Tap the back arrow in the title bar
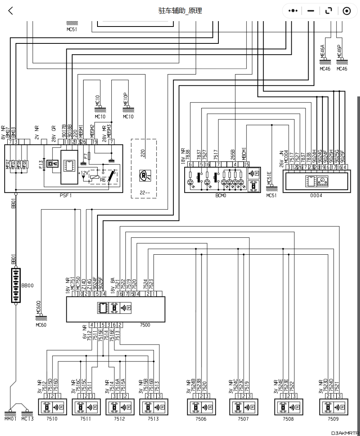tap(10, 11)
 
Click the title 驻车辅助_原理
tap(180, 11)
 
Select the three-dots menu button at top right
tap(293, 11)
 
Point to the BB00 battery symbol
tap(16, 285)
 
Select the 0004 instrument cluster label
tap(316, 196)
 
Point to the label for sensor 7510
tap(52, 419)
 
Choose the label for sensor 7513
tap(153, 419)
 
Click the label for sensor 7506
tap(201, 419)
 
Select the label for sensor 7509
tap(334, 419)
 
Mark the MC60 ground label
tap(41, 325)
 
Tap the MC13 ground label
tap(27, 419)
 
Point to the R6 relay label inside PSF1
tap(102, 179)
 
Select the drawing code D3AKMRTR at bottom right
tap(345, 432)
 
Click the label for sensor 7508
tap(288, 419)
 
